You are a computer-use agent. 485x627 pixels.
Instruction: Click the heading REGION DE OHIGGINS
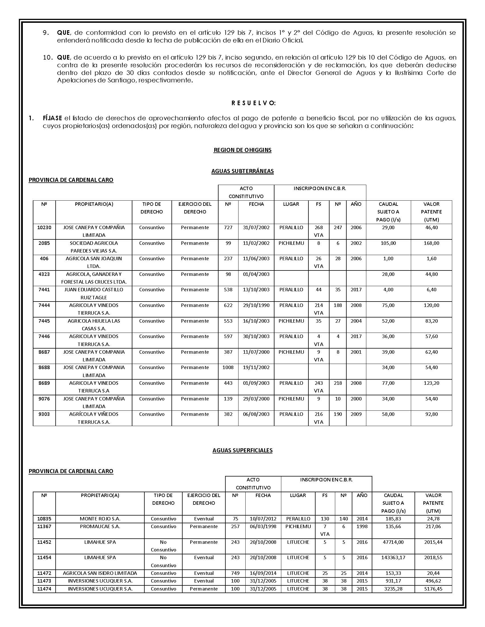coord(242,150)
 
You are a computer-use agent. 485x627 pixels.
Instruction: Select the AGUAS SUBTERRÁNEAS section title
coord(242,171)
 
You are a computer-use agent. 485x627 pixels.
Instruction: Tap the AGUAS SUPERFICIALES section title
coord(242,450)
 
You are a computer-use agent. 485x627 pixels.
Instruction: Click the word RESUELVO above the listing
coord(253,103)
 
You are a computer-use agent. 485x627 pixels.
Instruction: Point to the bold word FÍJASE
coord(52,118)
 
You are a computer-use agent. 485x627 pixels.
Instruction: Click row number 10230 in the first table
coord(44,227)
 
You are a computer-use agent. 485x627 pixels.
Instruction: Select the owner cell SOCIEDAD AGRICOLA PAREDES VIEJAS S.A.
coord(94,247)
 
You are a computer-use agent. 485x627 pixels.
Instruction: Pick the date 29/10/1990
coord(256,305)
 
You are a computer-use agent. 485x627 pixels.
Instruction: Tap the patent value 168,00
coord(431,243)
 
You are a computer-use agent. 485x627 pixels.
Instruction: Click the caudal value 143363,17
coord(393,557)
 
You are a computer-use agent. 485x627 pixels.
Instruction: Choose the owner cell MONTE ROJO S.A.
coord(100,519)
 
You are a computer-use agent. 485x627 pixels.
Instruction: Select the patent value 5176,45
coord(433,589)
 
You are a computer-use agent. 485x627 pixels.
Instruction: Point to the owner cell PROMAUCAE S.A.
coord(100,526)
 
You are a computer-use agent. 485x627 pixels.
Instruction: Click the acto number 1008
coord(228,367)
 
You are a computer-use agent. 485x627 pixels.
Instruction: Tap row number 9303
coord(44,414)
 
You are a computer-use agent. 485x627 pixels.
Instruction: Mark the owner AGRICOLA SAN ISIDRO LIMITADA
coord(100,573)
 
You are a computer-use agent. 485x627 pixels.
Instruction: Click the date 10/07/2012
coord(263,519)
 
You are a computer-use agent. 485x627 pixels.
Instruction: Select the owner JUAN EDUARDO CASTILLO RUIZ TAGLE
coord(94,293)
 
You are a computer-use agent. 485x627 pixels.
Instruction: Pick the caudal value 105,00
coord(388,243)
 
